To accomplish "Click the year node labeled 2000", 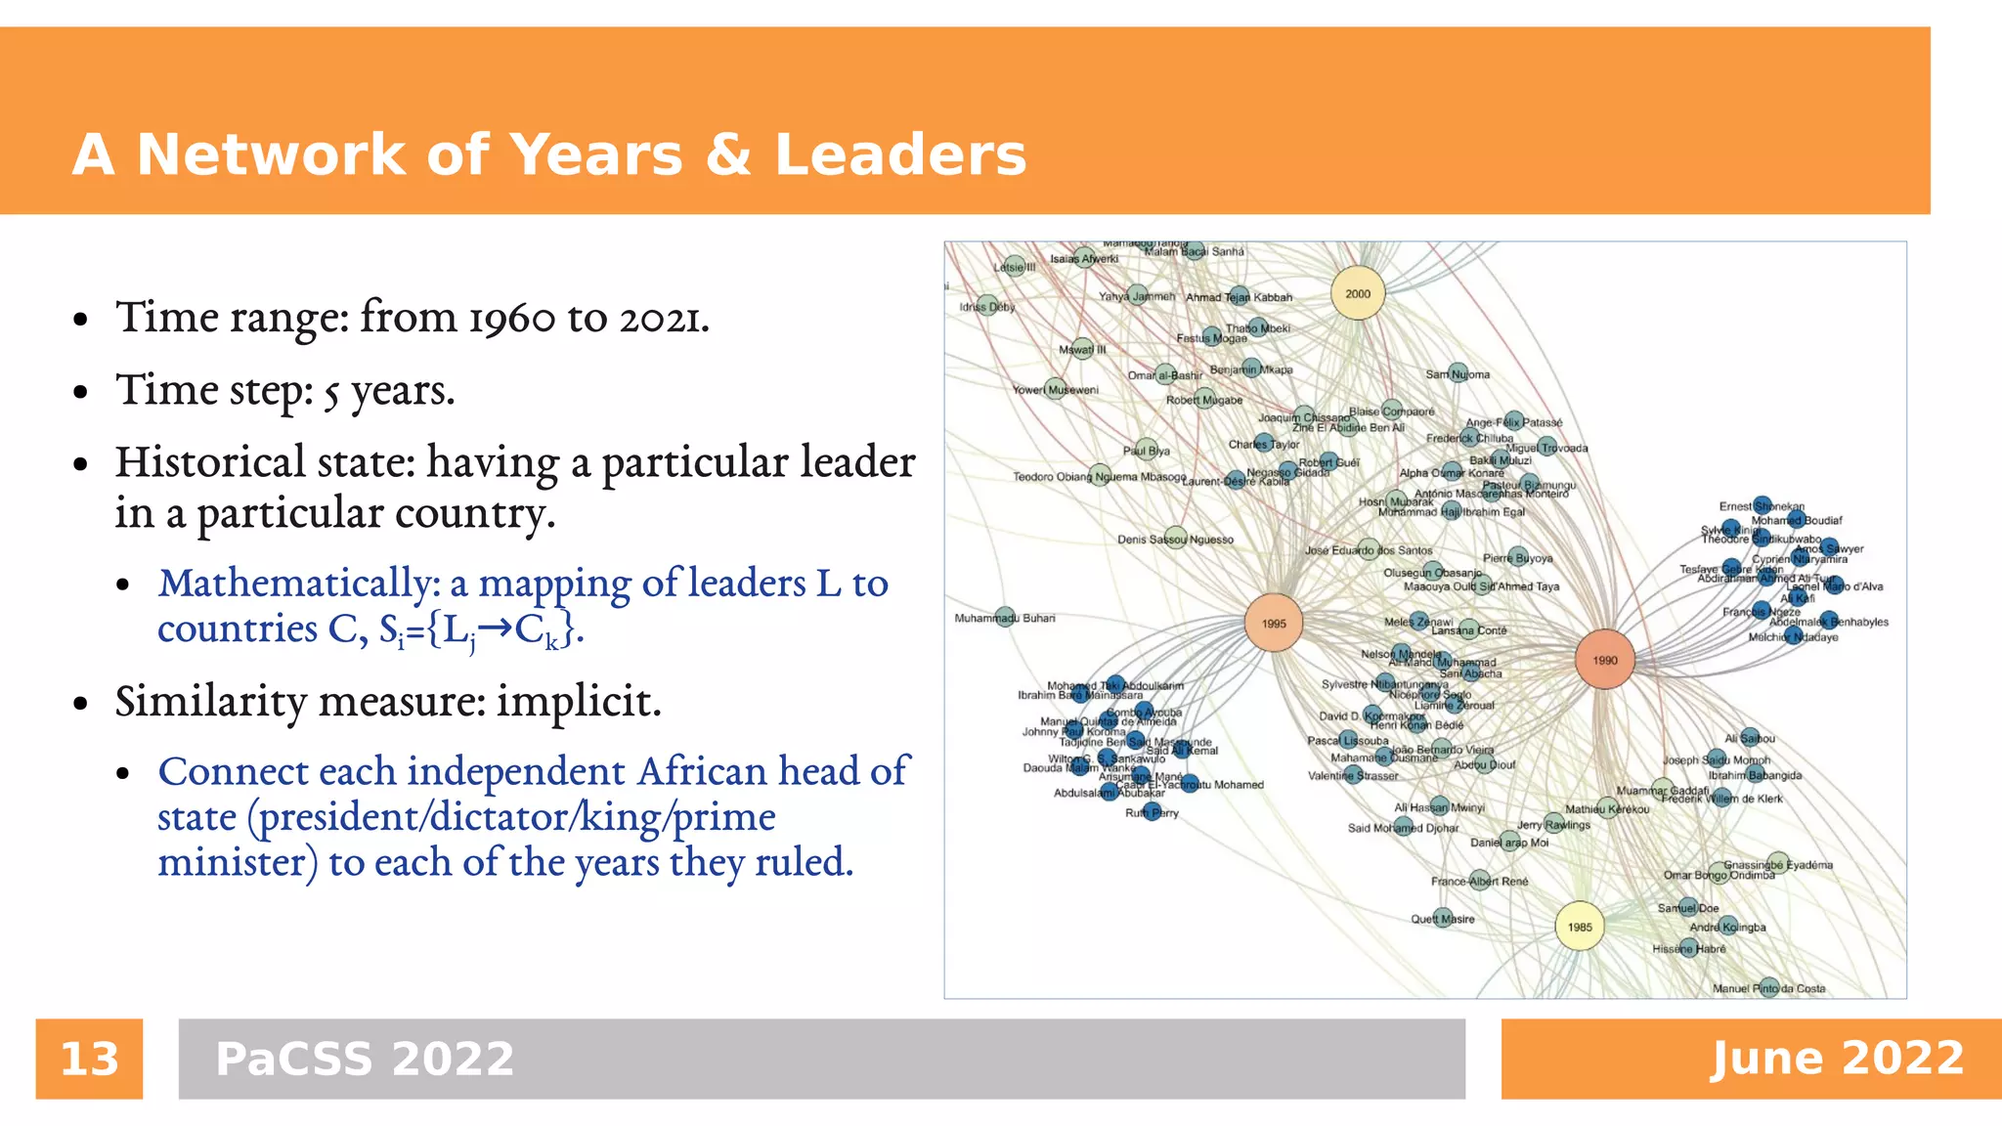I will click(x=1358, y=293).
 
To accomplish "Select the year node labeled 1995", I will click(x=1273, y=623).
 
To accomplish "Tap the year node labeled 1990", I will click(x=1605, y=660).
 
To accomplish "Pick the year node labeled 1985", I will click(x=1580, y=927).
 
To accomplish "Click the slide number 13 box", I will click(x=89, y=1059).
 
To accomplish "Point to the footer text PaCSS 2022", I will click(x=365, y=1059).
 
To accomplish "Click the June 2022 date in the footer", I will click(x=1837, y=1059).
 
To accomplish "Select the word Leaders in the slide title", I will click(x=899, y=154).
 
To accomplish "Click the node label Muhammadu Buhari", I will click(x=1005, y=618).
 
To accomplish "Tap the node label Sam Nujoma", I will click(x=1458, y=374).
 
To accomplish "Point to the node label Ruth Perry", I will click(x=1152, y=812).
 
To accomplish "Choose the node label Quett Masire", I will click(x=1442, y=919).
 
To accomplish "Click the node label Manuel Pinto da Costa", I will click(x=1768, y=988).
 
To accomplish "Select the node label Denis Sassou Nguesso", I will click(x=1175, y=540).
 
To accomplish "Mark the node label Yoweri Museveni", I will click(x=1056, y=390).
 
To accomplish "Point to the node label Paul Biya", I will click(x=1146, y=451).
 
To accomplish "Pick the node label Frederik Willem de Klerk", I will click(x=1721, y=799).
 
